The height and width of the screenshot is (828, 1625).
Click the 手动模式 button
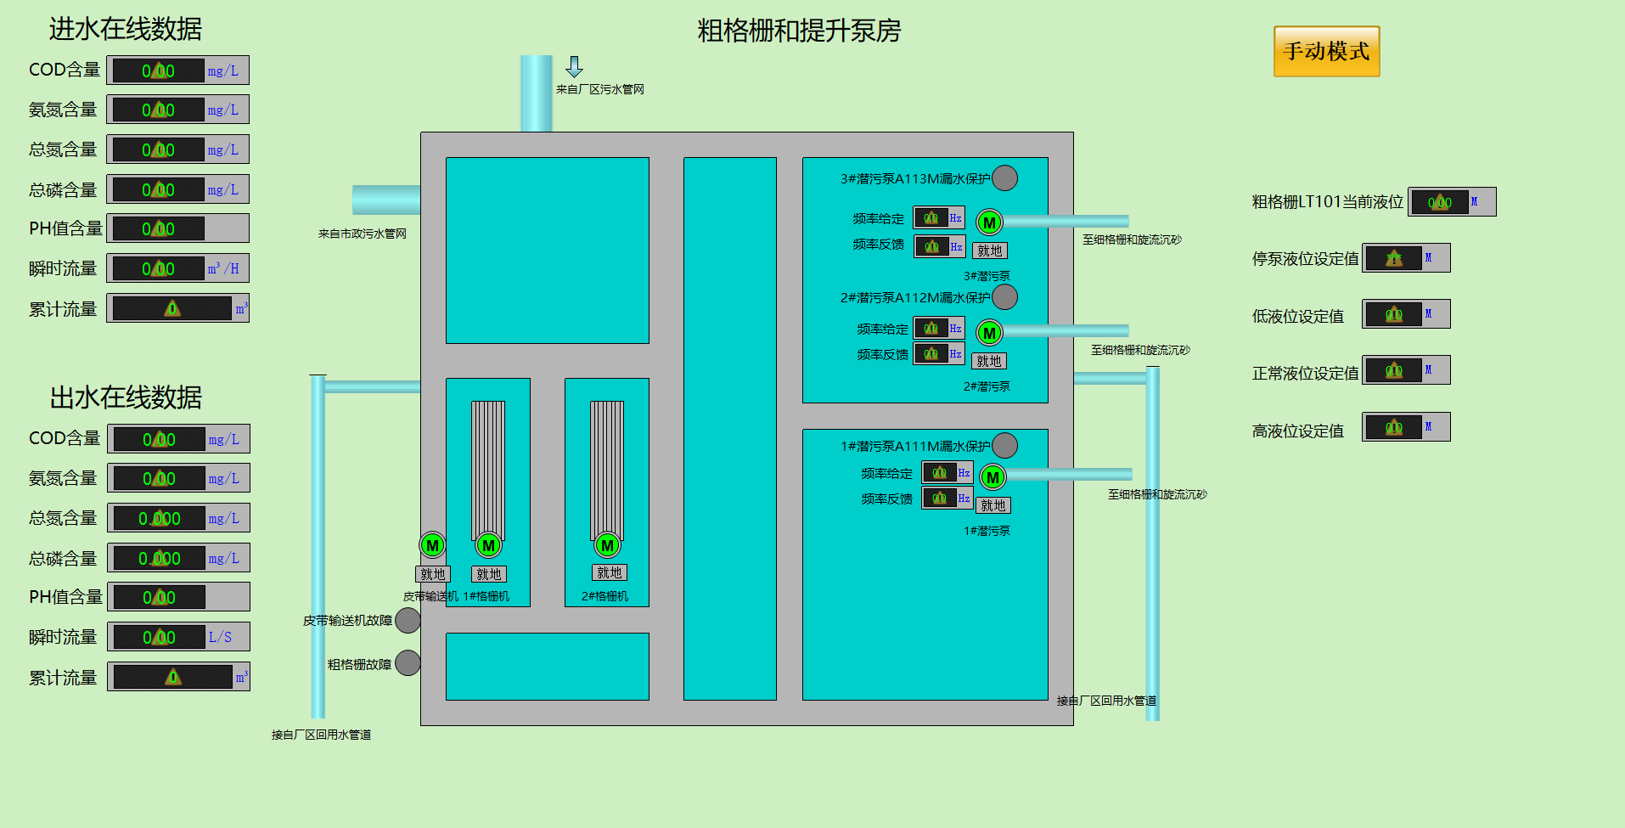(1326, 52)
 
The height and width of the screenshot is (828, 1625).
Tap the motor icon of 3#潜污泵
(989, 222)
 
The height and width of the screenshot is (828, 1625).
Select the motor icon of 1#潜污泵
(992, 477)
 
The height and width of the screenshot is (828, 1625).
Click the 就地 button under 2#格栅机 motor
(610, 573)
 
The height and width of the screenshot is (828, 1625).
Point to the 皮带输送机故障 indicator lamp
(408, 621)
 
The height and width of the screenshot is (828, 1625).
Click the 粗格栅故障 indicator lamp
(408, 663)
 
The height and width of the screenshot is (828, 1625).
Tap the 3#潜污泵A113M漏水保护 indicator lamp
(1005, 178)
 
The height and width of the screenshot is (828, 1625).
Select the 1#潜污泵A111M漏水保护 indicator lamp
(1005, 446)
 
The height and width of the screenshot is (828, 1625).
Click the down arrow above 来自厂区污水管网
(575, 66)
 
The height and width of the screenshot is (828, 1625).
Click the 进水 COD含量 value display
(159, 70)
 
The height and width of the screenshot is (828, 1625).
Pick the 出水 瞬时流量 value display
(160, 637)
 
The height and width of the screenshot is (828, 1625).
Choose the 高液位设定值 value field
(1393, 427)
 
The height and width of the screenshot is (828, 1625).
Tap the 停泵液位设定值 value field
(1393, 258)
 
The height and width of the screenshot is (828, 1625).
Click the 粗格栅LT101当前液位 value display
(1440, 202)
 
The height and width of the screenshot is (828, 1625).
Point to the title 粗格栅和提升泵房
(798, 31)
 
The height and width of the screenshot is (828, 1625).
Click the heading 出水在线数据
(126, 397)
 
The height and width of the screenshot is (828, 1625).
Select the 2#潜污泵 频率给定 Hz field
(931, 329)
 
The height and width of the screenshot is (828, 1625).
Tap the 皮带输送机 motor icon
(432, 545)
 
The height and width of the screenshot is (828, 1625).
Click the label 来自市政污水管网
(363, 234)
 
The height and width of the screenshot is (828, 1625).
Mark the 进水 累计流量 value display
(172, 308)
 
